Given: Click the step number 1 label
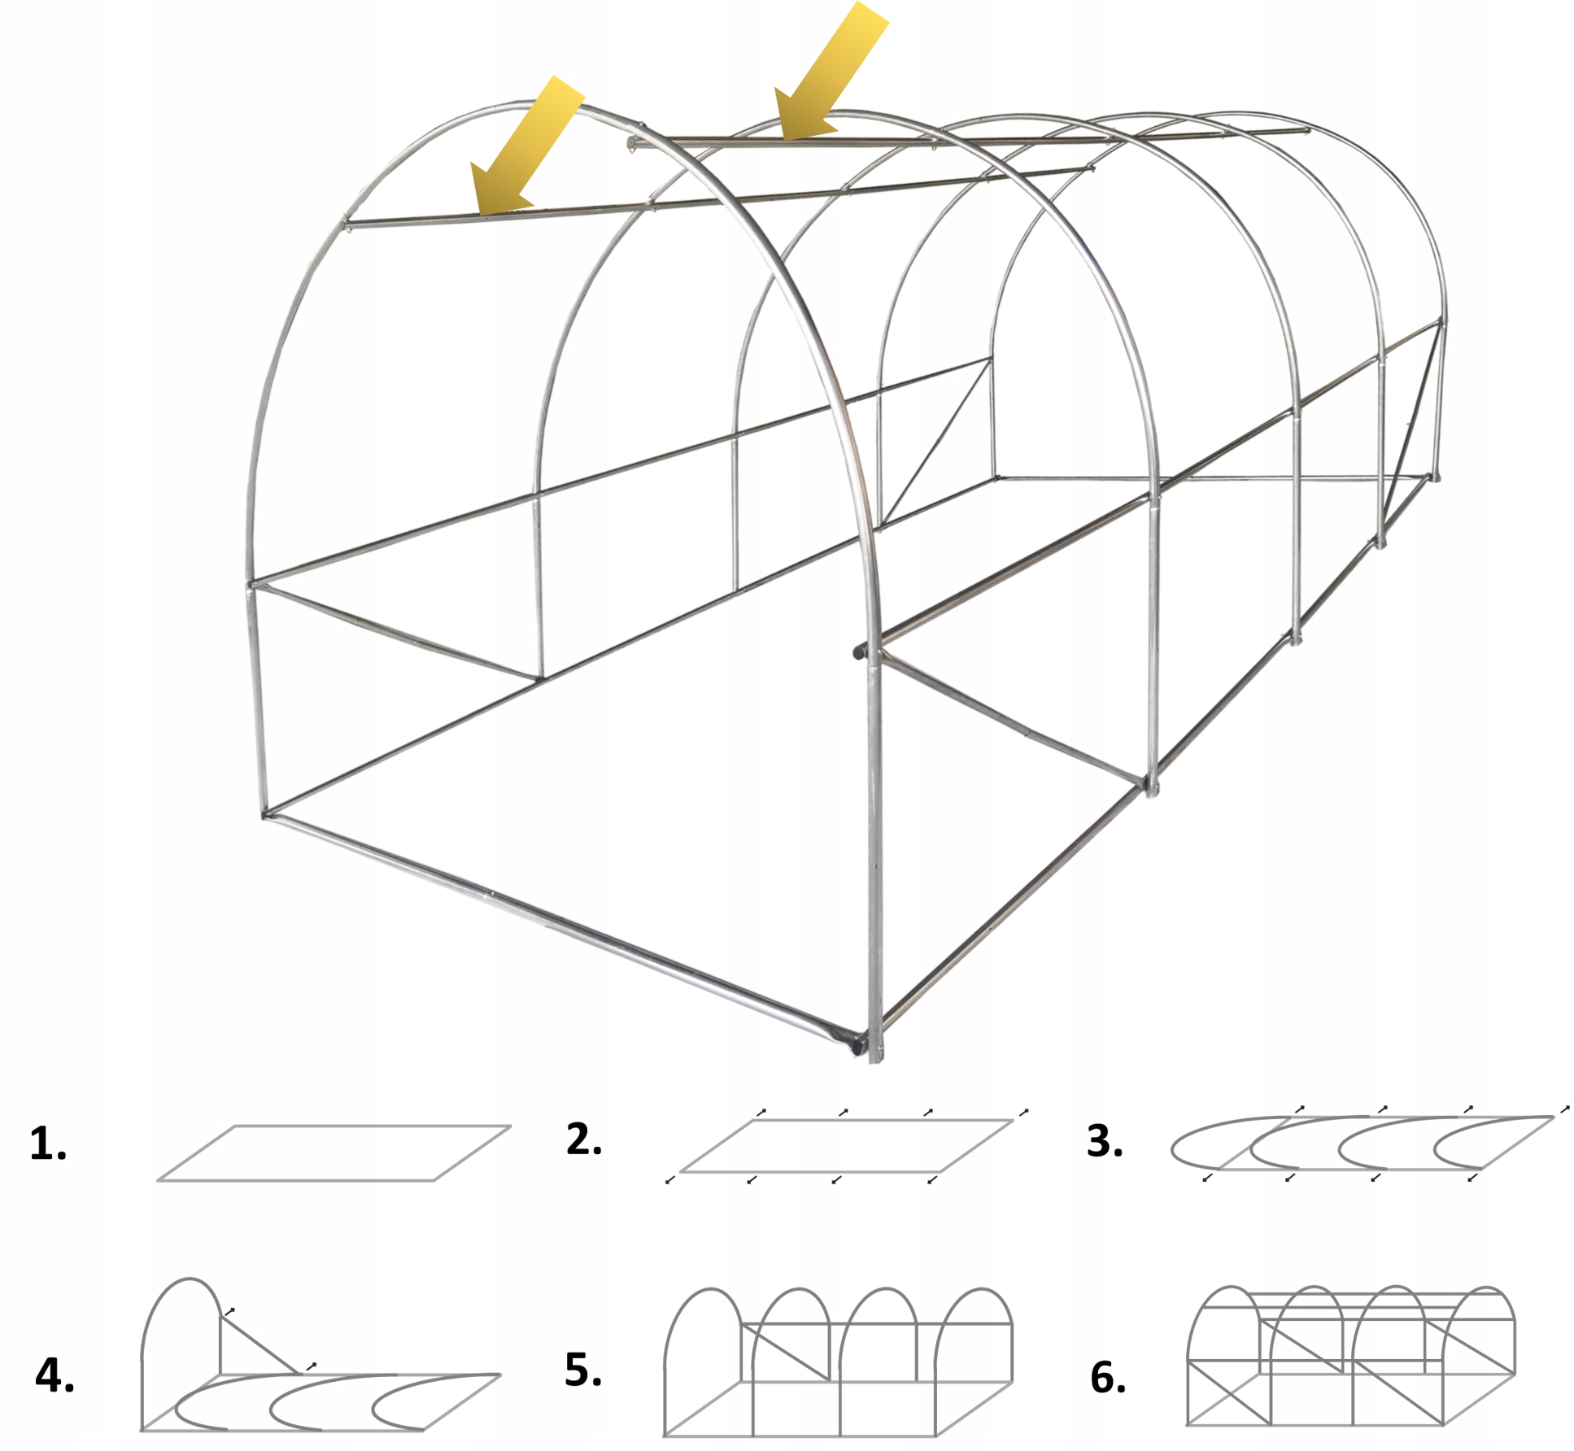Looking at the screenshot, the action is pyautogui.click(x=48, y=1144).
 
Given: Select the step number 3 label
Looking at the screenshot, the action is pyautogui.click(x=1105, y=1140).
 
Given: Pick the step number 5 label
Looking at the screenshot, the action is pyautogui.click(x=583, y=1369).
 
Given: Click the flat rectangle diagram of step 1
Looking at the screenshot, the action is pyautogui.click(x=334, y=1153).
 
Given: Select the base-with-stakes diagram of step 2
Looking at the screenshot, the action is pyautogui.click(x=846, y=1145).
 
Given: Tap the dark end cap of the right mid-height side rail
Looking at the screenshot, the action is pyautogui.click(x=859, y=651).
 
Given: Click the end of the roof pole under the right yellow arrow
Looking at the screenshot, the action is pyautogui.click(x=631, y=144).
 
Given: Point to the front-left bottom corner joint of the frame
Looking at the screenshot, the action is pyautogui.click(x=265, y=813).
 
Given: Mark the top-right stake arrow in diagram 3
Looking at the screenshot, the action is pyautogui.click(x=1564, y=1108).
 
